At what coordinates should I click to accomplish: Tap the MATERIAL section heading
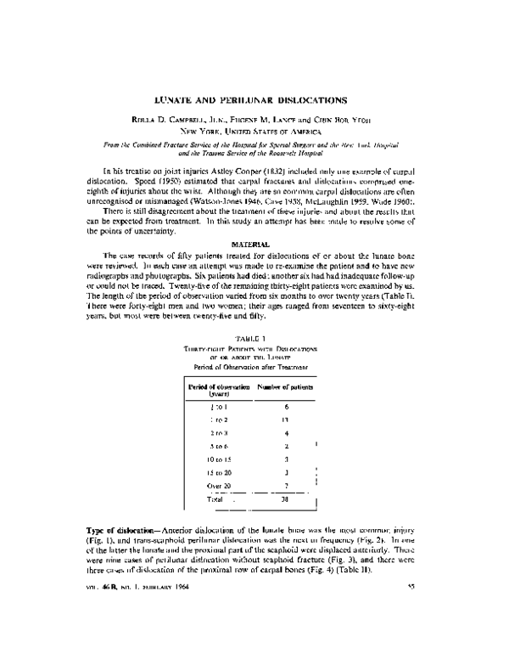tap(254, 244)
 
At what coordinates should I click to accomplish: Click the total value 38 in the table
tap(288, 501)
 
